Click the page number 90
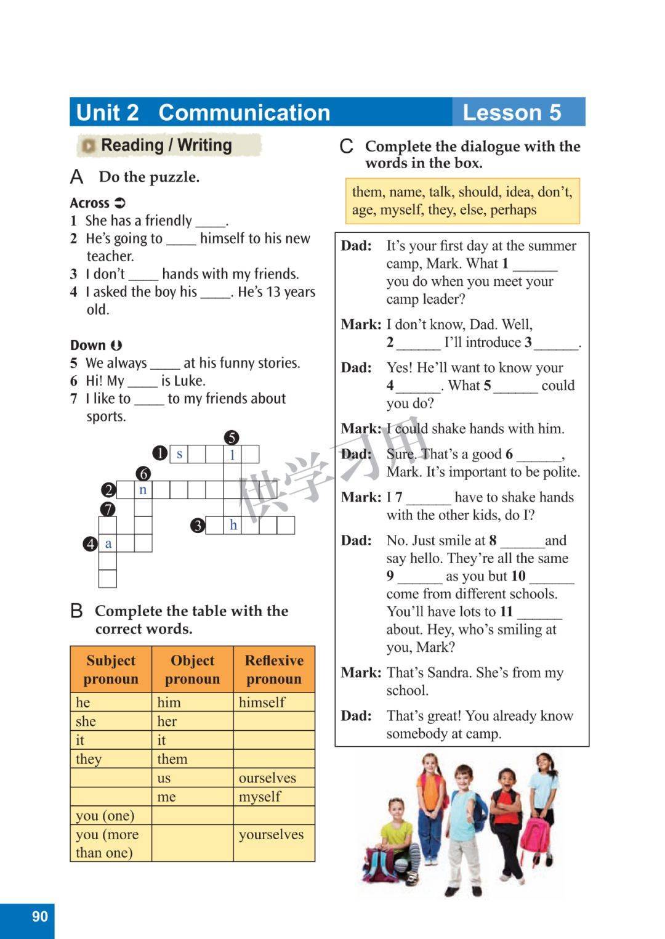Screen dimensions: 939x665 click(39, 916)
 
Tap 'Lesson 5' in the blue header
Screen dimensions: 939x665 click(512, 112)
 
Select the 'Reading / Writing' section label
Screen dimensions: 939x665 click(166, 145)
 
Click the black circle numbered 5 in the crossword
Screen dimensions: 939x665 click(232, 438)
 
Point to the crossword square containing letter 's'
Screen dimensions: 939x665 click(179, 454)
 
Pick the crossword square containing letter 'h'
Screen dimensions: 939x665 click(233, 525)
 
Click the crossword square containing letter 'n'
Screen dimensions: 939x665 click(143, 490)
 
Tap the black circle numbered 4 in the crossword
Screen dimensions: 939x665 click(91, 544)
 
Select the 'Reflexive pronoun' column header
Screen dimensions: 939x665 click(274, 669)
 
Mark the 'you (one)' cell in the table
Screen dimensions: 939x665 click(105, 816)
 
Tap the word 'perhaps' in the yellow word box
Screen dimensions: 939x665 click(514, 209)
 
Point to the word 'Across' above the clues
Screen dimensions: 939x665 click(90, 203)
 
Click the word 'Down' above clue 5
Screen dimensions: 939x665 click(88, 345)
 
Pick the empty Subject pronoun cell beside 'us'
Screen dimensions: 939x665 click(111, 778)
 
